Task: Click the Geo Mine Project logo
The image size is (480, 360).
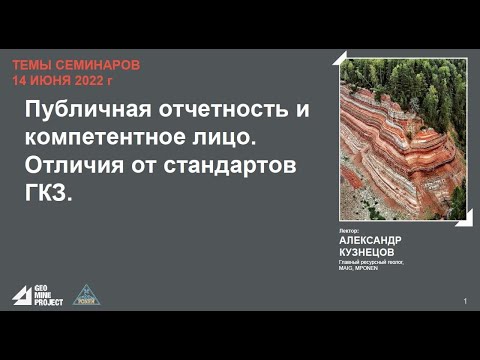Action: (38, 295)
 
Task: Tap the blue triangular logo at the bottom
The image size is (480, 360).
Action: (87, 295)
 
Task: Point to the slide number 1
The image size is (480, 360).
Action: (465, 301)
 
